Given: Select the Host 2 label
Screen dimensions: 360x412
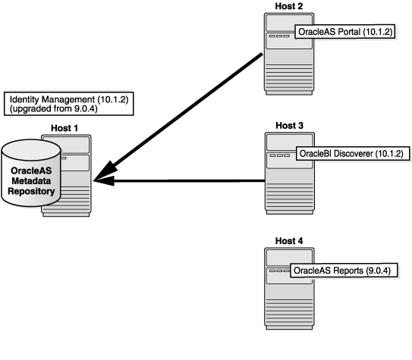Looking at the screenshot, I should point(289,7).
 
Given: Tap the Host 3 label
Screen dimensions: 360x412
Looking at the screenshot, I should point(289,124).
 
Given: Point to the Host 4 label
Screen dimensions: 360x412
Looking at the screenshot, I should point(289,241).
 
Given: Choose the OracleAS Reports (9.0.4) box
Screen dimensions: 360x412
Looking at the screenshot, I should point(344,270).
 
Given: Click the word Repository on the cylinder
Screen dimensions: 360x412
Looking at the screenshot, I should point(32,192).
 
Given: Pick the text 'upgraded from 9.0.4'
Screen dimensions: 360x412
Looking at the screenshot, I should point(45,110).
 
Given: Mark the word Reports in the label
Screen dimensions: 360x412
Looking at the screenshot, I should point(347,270).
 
